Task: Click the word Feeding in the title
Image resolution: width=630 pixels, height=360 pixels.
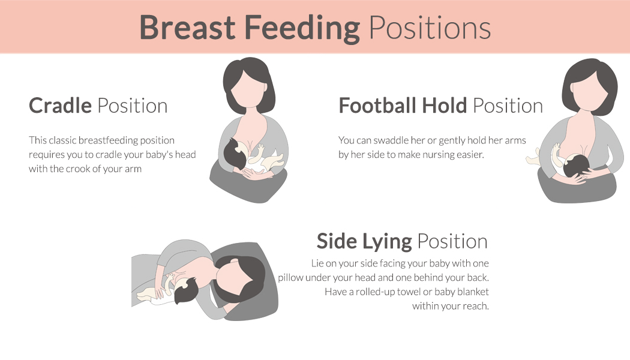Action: coord(302,28)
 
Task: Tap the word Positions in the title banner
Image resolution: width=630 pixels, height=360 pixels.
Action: coord(430,28)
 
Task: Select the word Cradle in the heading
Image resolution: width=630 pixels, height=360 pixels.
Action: coord(60,106)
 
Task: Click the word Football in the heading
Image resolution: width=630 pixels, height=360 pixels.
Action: coord(377,105)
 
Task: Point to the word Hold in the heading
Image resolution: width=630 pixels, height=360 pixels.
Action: coord(445,105)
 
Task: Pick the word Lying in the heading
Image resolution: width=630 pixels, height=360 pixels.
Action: coord(387,242)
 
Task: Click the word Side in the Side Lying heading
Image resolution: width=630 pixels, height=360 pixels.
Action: coord(337,241)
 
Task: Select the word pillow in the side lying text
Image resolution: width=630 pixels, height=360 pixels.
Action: coord(290,278)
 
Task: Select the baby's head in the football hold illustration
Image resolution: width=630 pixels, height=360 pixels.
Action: coord(577,166)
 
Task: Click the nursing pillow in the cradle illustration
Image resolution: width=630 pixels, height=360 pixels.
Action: coord(249,185)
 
